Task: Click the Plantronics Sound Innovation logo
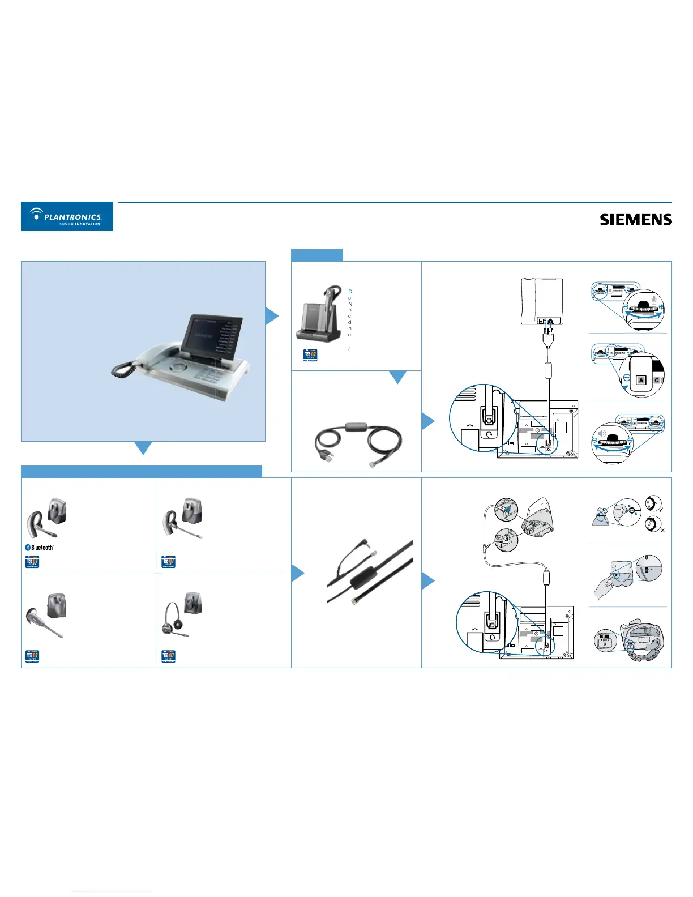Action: pos(67,216)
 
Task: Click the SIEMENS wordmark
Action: pos(636,220)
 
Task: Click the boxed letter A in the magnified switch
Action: pos(641,381)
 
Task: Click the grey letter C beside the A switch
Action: pos(657,381)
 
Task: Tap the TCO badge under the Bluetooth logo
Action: pos(32,561)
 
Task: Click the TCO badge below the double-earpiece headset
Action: pos(169,657)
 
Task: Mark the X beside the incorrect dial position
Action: pos(662,531)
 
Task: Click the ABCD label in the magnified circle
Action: pos(605,640)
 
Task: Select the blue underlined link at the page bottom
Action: pos(112,892)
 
